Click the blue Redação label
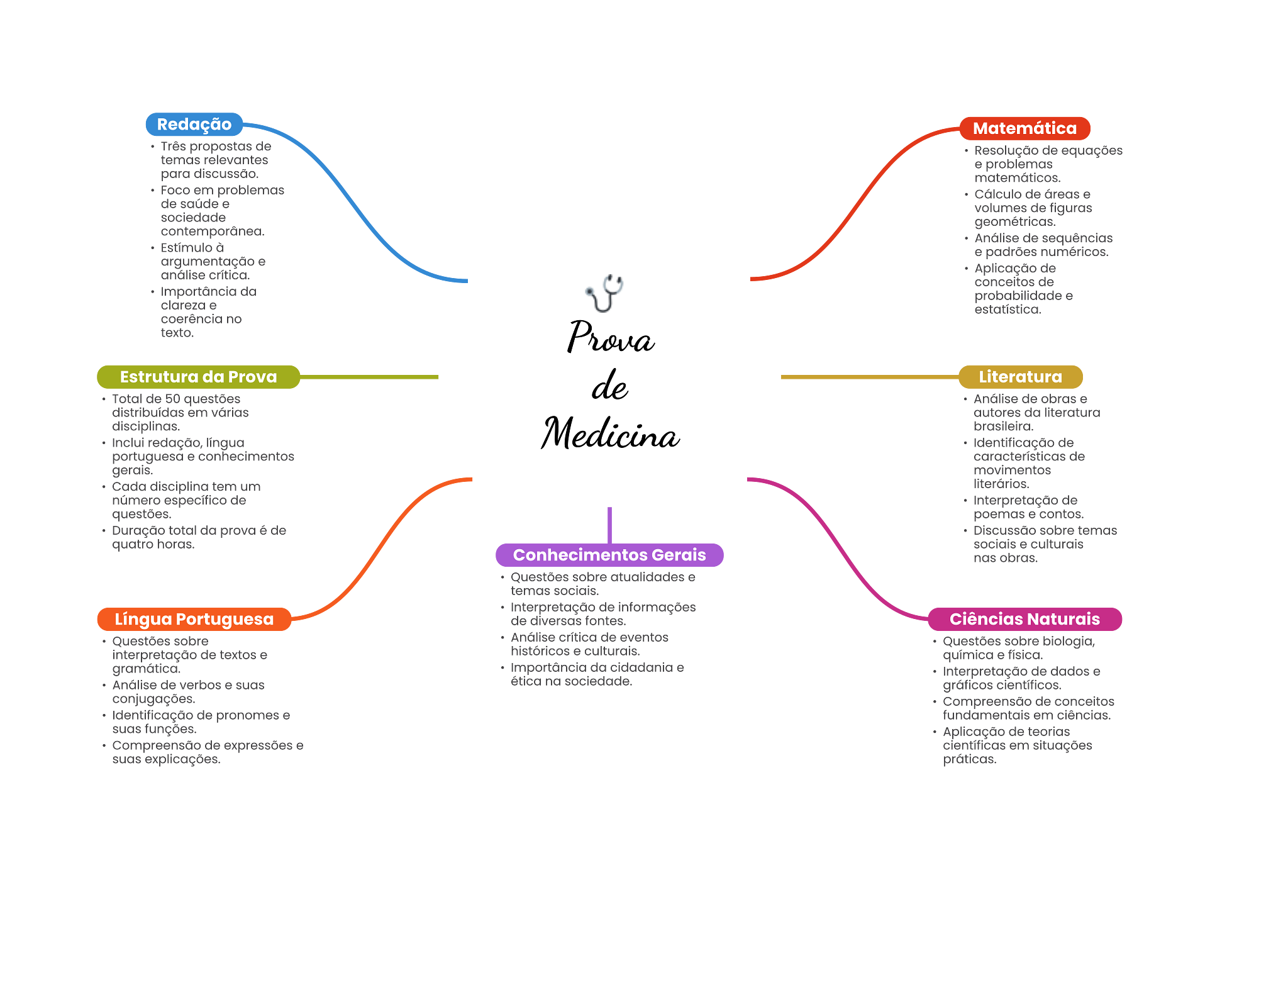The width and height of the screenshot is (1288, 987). click(194, 125)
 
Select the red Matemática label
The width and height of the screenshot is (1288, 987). click(1024, 128)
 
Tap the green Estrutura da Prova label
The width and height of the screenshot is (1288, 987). click(198, 377)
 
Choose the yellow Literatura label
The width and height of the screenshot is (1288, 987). click(1020, 377)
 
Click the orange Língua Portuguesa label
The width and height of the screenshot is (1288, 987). click(194, 619)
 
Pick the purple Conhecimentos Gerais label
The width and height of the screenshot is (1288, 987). click(609, 555)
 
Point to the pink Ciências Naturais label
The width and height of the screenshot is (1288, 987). click(1024, 619)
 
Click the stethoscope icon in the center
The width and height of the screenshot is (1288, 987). click(604, 293)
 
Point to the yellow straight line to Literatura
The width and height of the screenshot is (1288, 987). click(868, 377)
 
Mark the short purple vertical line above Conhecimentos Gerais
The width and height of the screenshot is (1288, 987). click(609, 524)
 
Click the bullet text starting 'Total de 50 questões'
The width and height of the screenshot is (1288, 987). click(180, 413)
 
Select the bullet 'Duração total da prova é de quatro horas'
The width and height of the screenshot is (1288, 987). click(199, 537)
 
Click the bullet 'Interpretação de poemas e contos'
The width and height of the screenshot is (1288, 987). click(1028, 507)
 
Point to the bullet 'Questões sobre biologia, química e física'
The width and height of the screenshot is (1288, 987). click(1018, 648)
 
